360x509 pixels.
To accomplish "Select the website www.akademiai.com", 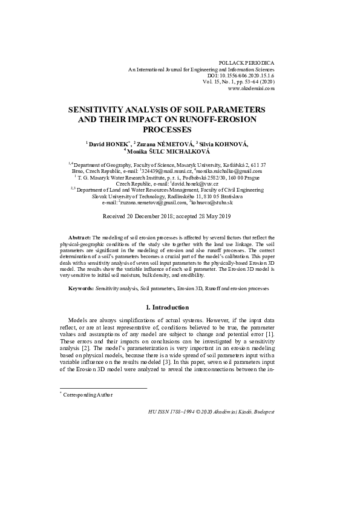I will click(x=251, y=88).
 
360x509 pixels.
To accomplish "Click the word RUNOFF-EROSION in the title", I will click(x=224, y=120).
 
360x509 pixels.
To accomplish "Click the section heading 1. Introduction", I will click(x=180, y=307).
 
